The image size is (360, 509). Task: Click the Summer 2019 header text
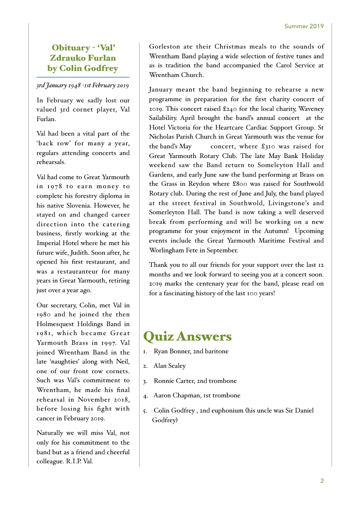[304, 26]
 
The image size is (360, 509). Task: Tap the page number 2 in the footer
[322, 481]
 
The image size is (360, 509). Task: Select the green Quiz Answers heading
[187, 337]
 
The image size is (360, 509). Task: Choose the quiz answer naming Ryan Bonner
[191, 351]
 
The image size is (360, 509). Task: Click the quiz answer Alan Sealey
[170, 366]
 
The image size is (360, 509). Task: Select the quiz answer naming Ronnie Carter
[195, 381]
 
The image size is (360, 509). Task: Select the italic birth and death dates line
[82, 85]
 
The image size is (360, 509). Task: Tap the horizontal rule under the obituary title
[83, 77]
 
